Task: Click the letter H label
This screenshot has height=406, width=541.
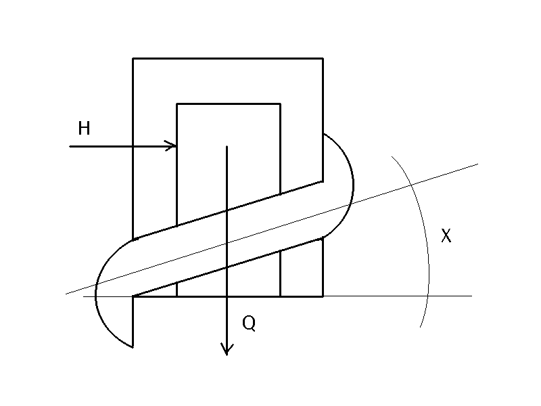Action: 84,129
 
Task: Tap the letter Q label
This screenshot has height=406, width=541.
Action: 249,324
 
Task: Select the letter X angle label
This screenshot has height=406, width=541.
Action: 446,236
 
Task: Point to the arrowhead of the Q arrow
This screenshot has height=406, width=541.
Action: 227,353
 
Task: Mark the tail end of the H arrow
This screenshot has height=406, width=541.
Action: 70,145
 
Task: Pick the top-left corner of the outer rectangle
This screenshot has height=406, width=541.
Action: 133,59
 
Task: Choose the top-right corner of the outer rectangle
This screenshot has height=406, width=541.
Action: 323,59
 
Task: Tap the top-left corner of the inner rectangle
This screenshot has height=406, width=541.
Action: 177,104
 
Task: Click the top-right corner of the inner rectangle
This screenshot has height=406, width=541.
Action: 280,104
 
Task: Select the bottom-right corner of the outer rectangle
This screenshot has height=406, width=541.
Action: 323,296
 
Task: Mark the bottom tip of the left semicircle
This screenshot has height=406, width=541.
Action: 133,346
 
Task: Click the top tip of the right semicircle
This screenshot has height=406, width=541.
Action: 323,133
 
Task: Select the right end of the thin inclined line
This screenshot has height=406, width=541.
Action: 477,164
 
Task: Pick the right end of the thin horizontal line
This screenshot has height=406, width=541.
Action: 471,296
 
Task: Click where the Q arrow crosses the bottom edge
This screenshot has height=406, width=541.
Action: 227,296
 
